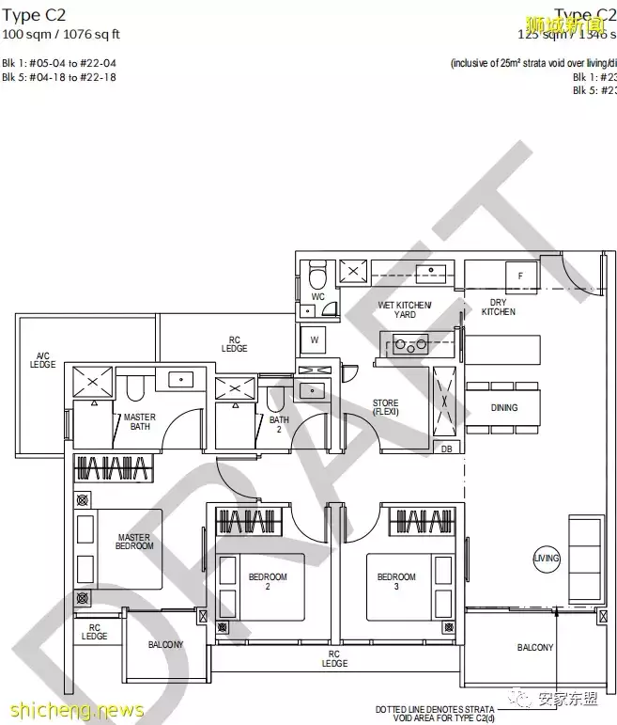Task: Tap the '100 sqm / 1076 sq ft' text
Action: (x=61, y=35)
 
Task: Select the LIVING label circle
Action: (x=547, y=558)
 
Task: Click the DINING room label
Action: (x=504, y=407)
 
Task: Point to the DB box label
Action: (x=446, y=449)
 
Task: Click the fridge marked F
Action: (x=519, y=275)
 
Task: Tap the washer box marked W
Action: (x=314, y=339)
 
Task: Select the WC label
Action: (x=317, y=296)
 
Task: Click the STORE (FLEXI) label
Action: (x=385, y=408)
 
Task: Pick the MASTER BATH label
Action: (x=140, y=421)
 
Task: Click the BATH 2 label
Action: (x=279, y=425)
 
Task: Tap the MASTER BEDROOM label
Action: (x=134, y=542)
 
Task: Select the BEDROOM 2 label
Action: (x=268, y=581)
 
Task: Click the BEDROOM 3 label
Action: (x=396, y=581)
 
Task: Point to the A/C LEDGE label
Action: (x=43, y=359)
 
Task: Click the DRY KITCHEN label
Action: (x=499, y=307)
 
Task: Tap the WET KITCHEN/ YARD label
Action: (x=405, y=309)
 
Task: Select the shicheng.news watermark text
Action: (x=72, y=710)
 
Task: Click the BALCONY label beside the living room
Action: (x=535, y=647)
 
